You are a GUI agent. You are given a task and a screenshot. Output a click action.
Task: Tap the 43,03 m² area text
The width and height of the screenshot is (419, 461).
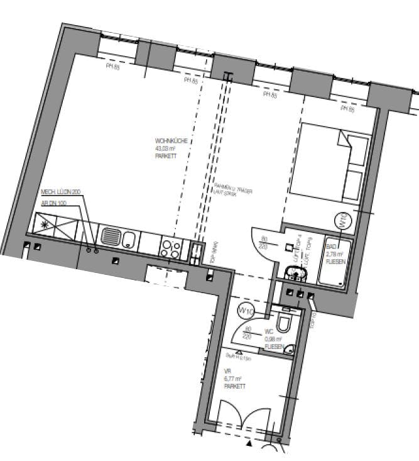tap(165, 148)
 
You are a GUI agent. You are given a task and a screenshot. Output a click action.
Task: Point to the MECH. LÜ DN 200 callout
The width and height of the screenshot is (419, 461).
tap(61, 192)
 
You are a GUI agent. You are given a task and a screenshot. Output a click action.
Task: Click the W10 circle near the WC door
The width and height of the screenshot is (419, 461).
tap(245, 311)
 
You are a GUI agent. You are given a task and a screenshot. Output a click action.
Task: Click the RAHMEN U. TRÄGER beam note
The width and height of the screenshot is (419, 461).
tap(233, 189)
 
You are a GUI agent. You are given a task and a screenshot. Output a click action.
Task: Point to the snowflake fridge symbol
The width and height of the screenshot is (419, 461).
tap(45, 223)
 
